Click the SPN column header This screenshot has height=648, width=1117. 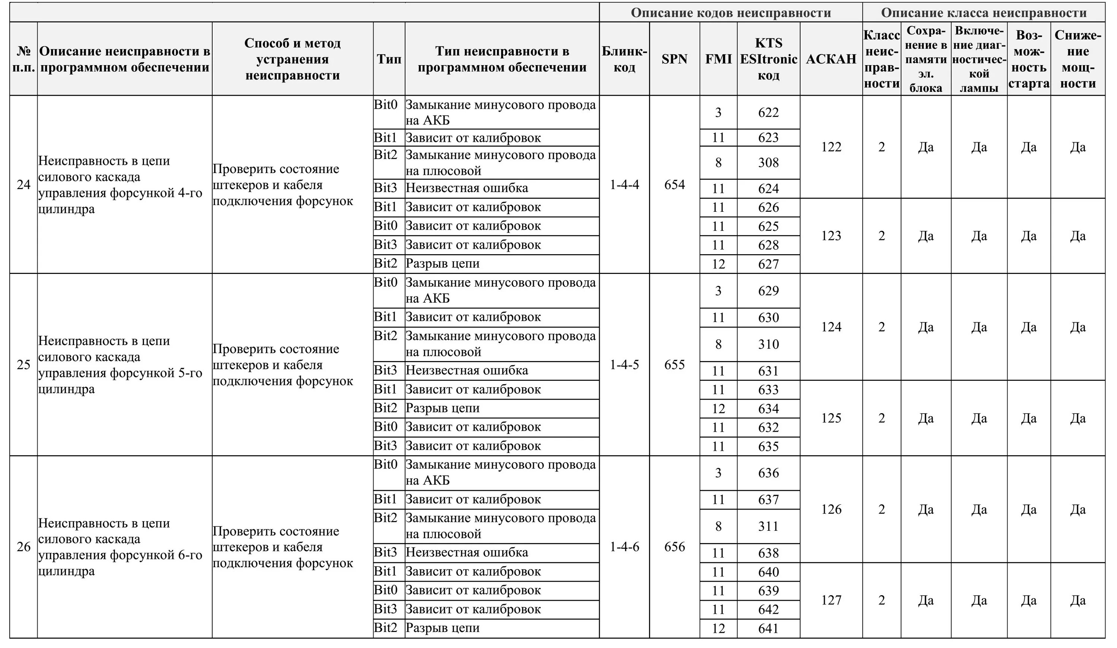(674, 59)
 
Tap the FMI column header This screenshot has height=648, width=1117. (718, 59)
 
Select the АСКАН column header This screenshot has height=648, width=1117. (831, 59)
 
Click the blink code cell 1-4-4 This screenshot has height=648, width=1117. (624, 184)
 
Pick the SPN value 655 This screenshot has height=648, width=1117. (674, 364)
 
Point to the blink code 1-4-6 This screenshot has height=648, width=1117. (624, 546)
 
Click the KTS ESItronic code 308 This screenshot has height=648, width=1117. (768, 163)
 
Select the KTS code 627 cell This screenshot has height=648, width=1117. (768, 264)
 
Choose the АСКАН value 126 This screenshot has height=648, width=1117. (831, 509)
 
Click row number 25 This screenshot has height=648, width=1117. (23, 364)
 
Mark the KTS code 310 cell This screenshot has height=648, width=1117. (768, 344)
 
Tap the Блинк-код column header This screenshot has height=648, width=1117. (624, 59)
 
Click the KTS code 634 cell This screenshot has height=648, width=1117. (768, 408)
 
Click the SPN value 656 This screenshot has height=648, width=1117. (674, 546)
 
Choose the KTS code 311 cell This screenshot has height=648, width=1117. (768, 526)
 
